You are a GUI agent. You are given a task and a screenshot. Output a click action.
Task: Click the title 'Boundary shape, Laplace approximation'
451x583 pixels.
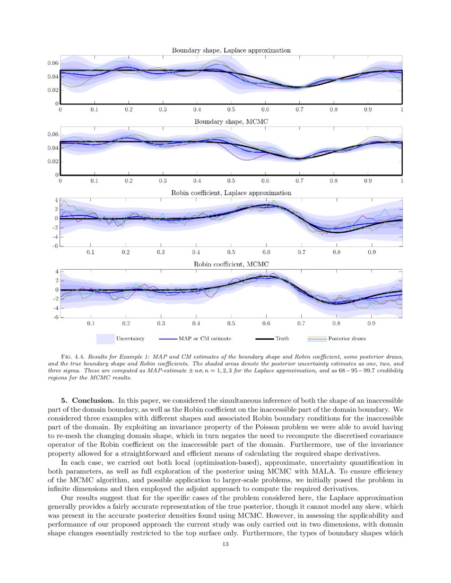pos(231,50)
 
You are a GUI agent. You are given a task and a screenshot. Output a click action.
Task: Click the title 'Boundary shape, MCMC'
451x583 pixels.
pos(231,122)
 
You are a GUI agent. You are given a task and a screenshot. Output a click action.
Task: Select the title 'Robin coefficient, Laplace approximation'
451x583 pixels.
pos(231,193)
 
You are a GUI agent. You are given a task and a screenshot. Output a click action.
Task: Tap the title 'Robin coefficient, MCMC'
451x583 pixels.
pos(231,264)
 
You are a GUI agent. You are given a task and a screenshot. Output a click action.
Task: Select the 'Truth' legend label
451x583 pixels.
pos(282,338)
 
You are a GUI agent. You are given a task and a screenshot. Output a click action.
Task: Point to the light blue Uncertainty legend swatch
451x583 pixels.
pos(106,338)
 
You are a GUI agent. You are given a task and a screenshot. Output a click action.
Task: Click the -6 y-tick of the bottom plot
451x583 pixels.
pos(54,317)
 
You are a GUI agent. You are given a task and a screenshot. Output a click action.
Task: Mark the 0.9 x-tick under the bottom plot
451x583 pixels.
pos(371,323)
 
